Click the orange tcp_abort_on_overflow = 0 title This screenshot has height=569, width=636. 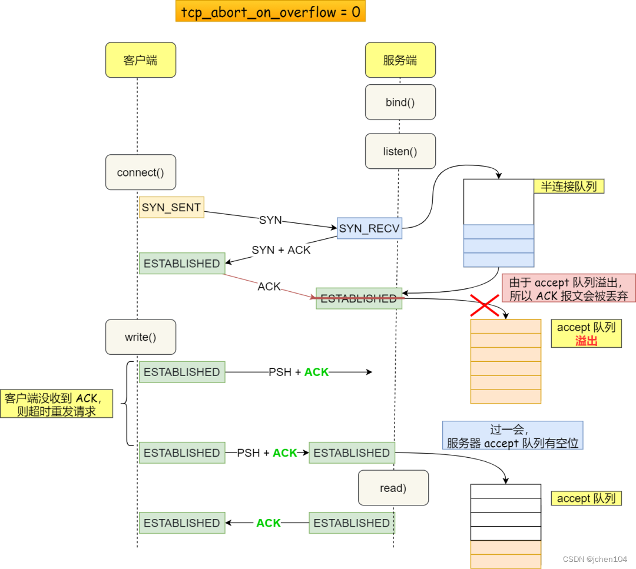tap(270, 11)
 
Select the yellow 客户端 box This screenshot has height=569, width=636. tap(141, 60)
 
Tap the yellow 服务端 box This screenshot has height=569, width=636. tap(400, 60)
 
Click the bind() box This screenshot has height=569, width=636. tap(400, 102)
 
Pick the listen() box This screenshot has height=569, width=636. tap(400, 151)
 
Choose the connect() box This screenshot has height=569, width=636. tap(141, 172)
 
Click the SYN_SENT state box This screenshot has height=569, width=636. tap(171, 207)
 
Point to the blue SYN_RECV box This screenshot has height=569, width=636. tap(369, 228)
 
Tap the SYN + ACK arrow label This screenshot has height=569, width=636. tap(281, 249)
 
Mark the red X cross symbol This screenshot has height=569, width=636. tap(484, 305)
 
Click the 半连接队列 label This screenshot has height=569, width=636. tap(569, 187)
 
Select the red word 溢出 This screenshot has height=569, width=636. tap(586, 340)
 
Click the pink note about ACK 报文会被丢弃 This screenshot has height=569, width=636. tap(568, 288)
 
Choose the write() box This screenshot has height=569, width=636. tap(141, 337)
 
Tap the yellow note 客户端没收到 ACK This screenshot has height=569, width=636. tap(57, 404)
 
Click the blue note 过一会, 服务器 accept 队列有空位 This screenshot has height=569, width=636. tap(512, 435)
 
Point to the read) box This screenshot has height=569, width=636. tap(393, 488)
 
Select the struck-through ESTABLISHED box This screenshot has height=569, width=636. tap(359, 298)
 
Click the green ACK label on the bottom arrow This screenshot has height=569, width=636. tap(269, 523)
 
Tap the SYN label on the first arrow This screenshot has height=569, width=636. tap(270, 220)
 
